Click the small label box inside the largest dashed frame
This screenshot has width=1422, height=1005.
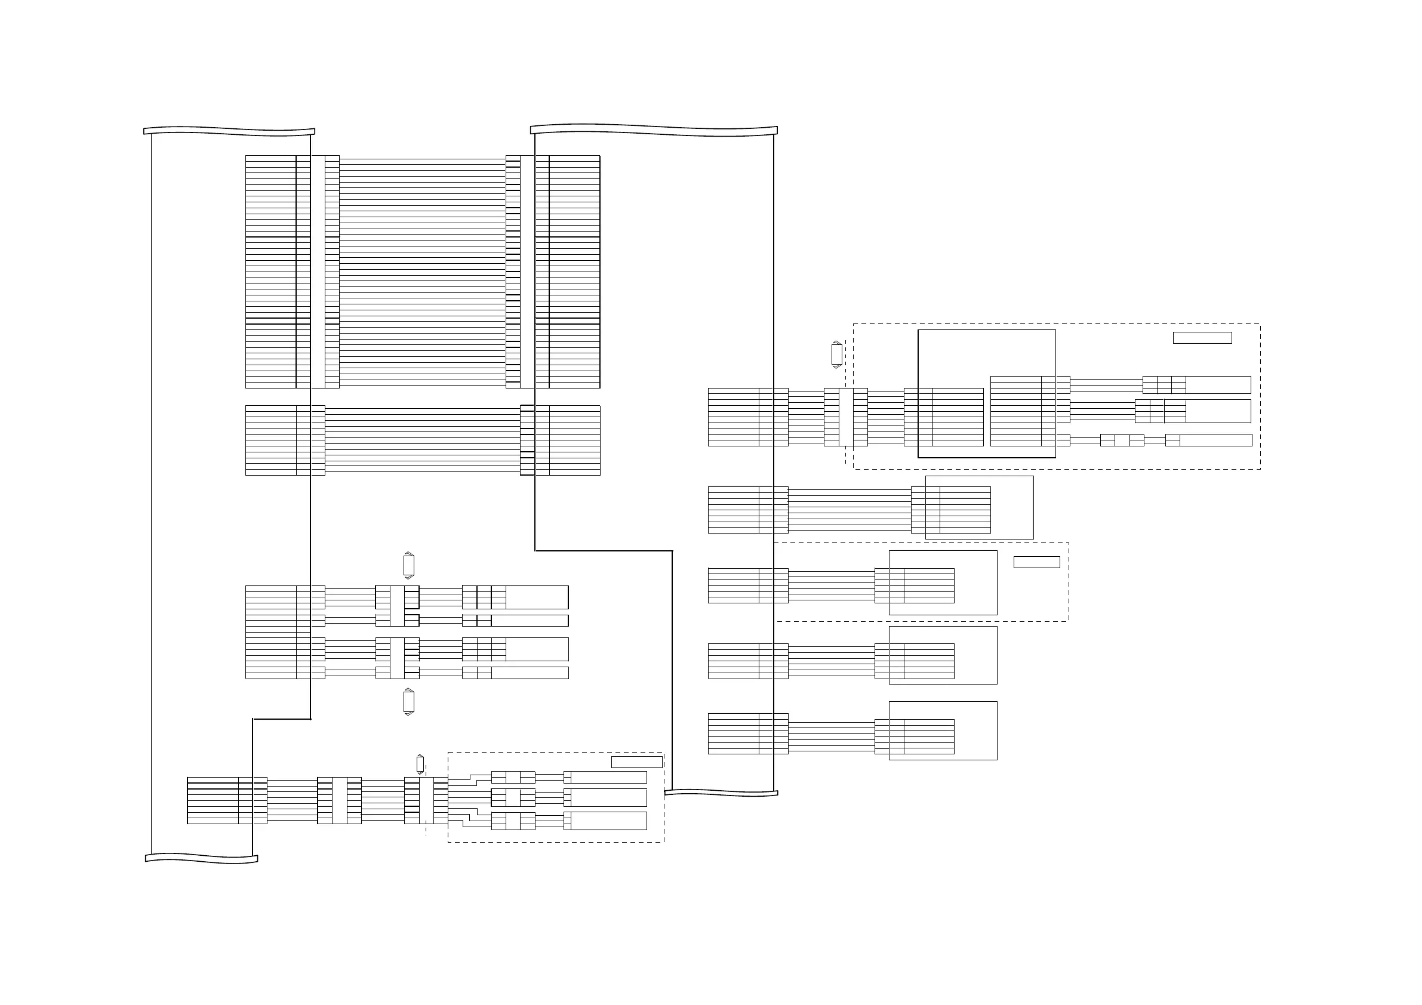pos(1202,337)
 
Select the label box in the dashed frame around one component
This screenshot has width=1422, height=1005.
pos(1036,562)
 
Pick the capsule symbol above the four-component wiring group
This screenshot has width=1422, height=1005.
pos(408,565)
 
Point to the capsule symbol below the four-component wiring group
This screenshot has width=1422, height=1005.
pos(408,702)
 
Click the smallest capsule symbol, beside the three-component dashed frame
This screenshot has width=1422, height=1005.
pos(420,764)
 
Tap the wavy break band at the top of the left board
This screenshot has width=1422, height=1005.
pos(229,131)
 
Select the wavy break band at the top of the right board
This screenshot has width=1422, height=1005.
pos(654,130)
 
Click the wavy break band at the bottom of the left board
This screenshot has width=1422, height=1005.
pos(201,858)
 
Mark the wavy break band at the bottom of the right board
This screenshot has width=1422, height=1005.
pos(721,793)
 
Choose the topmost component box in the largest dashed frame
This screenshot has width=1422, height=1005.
pos(1218,384)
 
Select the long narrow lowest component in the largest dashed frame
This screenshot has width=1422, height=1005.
pos(1215,440)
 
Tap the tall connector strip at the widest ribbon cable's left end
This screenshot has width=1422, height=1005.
pos(317,271)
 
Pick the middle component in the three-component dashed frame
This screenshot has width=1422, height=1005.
pos(608,797)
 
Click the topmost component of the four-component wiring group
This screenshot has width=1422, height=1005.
pos(536,597)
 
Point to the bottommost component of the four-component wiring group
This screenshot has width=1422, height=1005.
pos(530,673)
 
